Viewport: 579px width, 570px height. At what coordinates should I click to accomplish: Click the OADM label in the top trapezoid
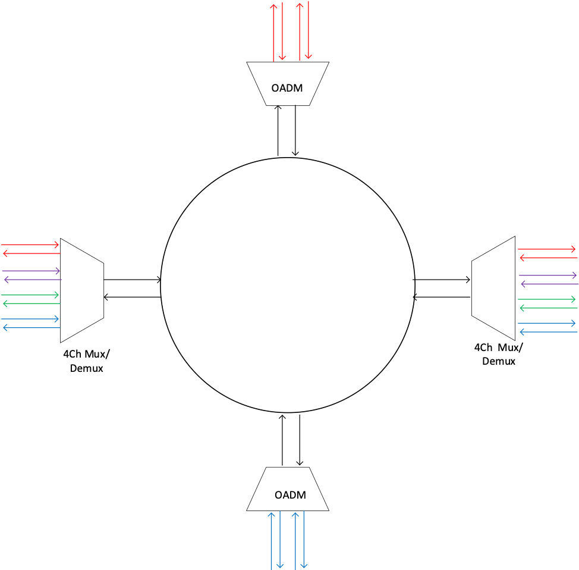tap(287, 88)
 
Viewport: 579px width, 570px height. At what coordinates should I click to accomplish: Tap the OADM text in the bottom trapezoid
tap(290, 495)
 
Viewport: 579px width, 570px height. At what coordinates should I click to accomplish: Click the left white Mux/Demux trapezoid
tap(81, 290)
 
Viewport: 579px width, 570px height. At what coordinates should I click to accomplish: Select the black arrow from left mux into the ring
tap(132, 279)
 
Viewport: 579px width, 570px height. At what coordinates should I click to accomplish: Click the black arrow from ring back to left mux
tap(132, 296)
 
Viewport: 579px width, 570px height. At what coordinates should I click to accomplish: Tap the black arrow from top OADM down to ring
tap(295, 131)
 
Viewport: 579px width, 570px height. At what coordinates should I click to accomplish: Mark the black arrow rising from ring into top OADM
tap(278, 131)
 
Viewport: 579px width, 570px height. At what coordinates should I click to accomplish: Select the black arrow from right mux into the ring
tap(442, 296)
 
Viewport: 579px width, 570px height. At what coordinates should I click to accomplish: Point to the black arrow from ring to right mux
tap(442, 279)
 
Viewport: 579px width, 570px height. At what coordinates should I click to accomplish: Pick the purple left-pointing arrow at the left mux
tap(31, 279)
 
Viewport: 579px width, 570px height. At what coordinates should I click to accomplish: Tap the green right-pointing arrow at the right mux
tap(547, 299)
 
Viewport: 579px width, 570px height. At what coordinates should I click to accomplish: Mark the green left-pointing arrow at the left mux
tap(31, 304)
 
